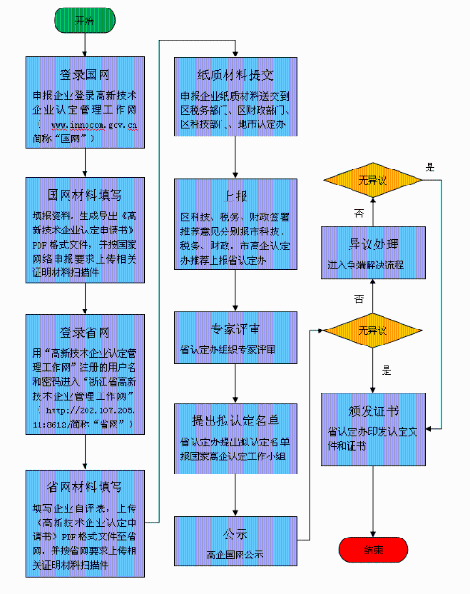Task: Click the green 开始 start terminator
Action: coord(85,19)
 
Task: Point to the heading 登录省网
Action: coord(85,330)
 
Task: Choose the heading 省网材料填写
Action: coord(85,487)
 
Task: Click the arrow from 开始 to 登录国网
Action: coord(85,41)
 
